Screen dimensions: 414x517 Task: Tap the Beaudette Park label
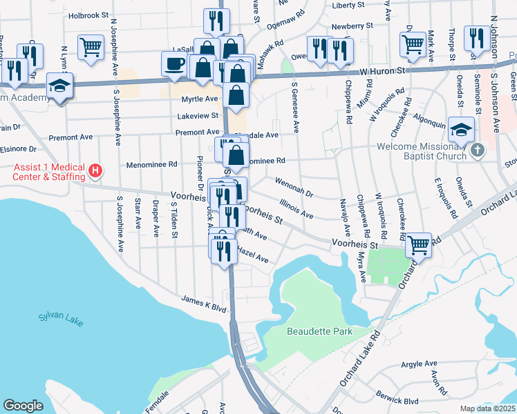coord(319,331)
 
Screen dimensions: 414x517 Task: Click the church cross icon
coord(477,149)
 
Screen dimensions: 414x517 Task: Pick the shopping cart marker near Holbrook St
coord(91,47)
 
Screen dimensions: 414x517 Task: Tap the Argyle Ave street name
coord(420,364)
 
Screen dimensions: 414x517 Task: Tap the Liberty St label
coord(348,5)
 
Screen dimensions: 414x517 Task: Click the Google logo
coord(23,406)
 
